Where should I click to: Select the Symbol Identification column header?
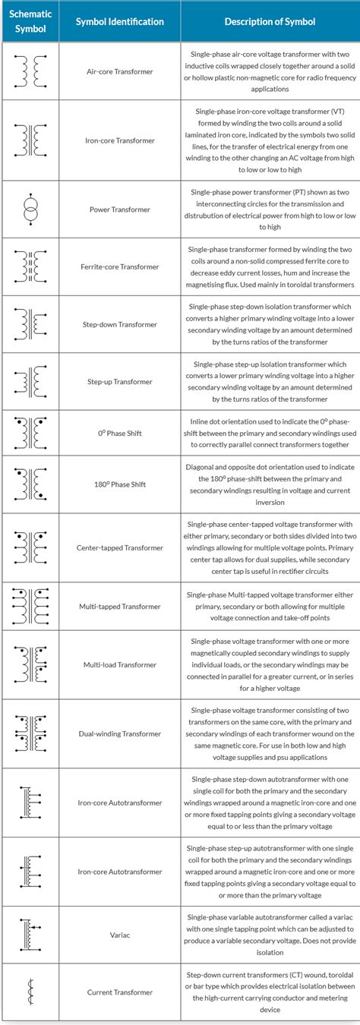pyautogui.click(x=120, y=22)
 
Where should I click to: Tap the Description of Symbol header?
pyautogui.click(x=270, y=22)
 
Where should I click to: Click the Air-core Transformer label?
pyautogui.click(x=120, y=71)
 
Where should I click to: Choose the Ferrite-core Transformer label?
pyautogui.click(x=120, y=267)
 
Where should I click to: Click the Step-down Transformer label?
pyautogui.click(x=120, y=324)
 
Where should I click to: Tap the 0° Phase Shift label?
pyautogui.click(x=120, y=434)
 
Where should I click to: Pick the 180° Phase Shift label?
pyautogui.click(x=120, y=484)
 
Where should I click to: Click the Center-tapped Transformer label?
pyautogui.click(x=120, y=547)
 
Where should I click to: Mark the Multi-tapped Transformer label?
pyautogui.click(x=120, y=607)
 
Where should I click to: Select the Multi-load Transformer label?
pyautogui.click(x=120, y=664)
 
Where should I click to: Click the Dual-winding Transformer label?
pyautogui.click(x=120, y=734)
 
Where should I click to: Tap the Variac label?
pyautogui.click(x=120, y=935)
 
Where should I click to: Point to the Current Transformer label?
pyautogui.click(x=120, y=992)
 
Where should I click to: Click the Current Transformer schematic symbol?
pyautogui.click(x=30, y=992)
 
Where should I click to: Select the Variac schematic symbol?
pyautogui.click(x=30, y=935)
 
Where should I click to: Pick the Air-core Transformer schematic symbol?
pyautogui.click(x=30, y=71)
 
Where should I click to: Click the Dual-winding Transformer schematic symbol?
pyautogui.click(x=30, y=733)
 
